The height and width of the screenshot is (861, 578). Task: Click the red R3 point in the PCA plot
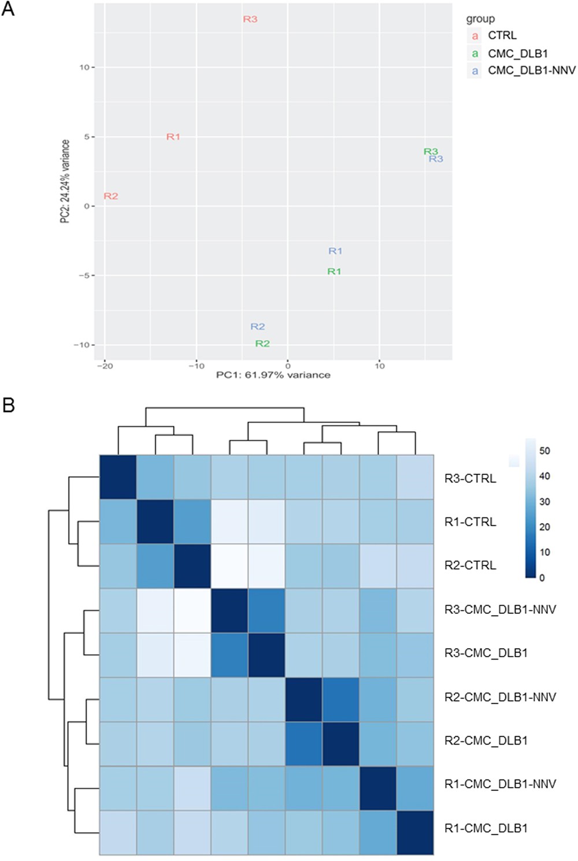click(250, 19)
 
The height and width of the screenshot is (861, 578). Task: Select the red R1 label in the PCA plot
click(173, 137)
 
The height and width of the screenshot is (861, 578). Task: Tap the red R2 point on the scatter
click(111, 196)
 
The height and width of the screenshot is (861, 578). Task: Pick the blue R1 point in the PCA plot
click(335, 251)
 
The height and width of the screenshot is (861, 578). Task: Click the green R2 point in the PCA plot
click(262, 343)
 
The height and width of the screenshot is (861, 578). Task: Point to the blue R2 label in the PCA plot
click(257, 326)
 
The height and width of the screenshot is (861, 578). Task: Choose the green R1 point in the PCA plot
click(334, 271)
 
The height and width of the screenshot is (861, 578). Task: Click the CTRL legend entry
click(502, 35)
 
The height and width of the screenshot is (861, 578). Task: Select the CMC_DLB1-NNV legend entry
click(531, 70)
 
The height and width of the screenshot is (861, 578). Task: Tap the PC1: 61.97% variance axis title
click(273, 375)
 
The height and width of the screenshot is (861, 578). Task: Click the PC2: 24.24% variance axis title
click(65, 181)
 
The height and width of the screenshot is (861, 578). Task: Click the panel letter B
click(8, 405)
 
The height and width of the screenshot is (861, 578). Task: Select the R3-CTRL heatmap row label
click(470, 479)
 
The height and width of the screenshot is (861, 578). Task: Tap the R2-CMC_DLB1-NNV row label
click(500, 697)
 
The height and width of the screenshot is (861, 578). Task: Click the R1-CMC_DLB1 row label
click(486, 828)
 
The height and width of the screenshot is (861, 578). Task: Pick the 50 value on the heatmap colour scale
click(544, 451)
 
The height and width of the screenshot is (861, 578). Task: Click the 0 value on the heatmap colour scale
click(542, 577)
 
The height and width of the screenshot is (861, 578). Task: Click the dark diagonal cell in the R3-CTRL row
click(118, 477)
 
